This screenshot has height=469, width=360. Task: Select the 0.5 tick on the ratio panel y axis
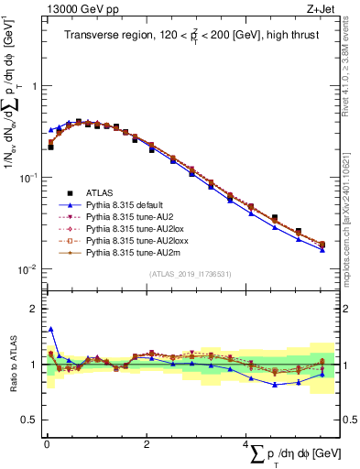point(29,420)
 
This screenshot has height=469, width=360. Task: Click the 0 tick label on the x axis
point(46,442)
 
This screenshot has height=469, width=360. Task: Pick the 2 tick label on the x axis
point(147,442)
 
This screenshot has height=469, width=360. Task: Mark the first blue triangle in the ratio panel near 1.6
point(50,329)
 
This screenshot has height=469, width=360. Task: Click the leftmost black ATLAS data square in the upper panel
point(50,146)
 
